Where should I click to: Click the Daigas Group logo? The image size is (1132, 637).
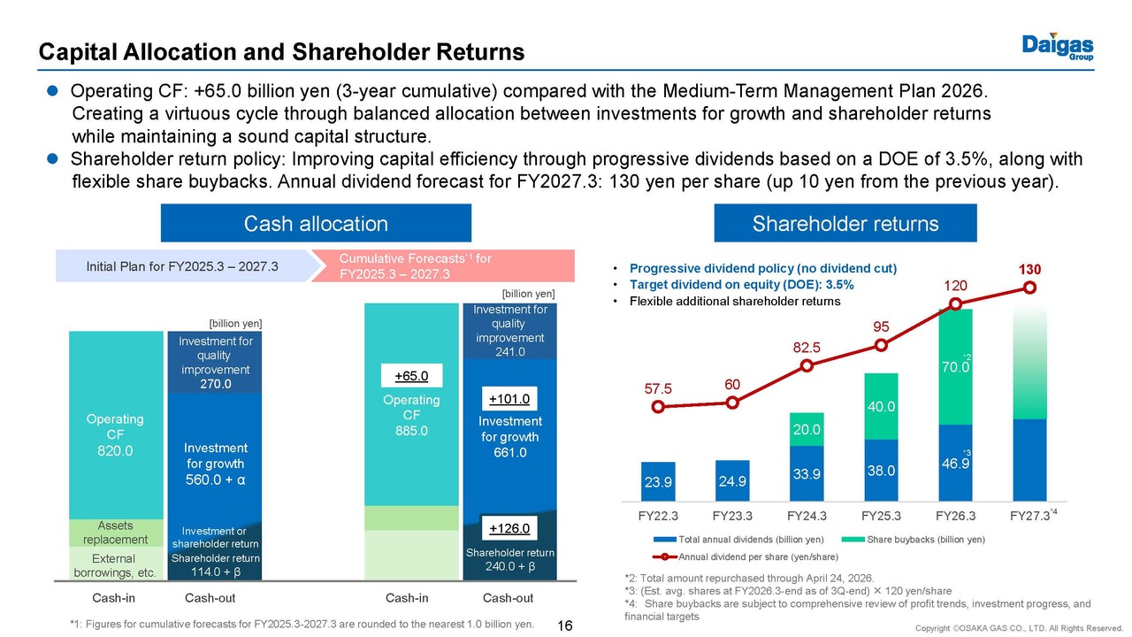(x=1058, y=46)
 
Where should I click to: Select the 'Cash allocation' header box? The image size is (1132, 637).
(x=316, y=224)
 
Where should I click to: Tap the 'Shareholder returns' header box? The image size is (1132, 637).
(x=845, y=224)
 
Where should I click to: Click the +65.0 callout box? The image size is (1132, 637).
(x=411, y=376)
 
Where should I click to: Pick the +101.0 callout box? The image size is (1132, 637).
(x=509, y=398)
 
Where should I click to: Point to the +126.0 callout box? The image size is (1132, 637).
(x=509, y=529)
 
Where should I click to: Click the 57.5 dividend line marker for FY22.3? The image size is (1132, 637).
(x=657, y=408)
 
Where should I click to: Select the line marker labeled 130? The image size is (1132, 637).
(x=1029, y=288)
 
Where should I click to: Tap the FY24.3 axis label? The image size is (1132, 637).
(x=807, y=514)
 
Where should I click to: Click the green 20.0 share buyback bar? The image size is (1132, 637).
(x=807, y=429)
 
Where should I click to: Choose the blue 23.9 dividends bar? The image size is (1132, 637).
(x=657, y=482)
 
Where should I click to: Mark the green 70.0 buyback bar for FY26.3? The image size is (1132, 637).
(x=955, y=366)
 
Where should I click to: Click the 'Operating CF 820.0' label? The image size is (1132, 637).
(x=115, y=434)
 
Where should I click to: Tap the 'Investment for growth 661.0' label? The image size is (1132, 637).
(x=509, y=437)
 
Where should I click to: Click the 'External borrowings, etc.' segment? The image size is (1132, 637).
(x=114, y=564)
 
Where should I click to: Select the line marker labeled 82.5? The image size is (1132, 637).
(x=807, y=365)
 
